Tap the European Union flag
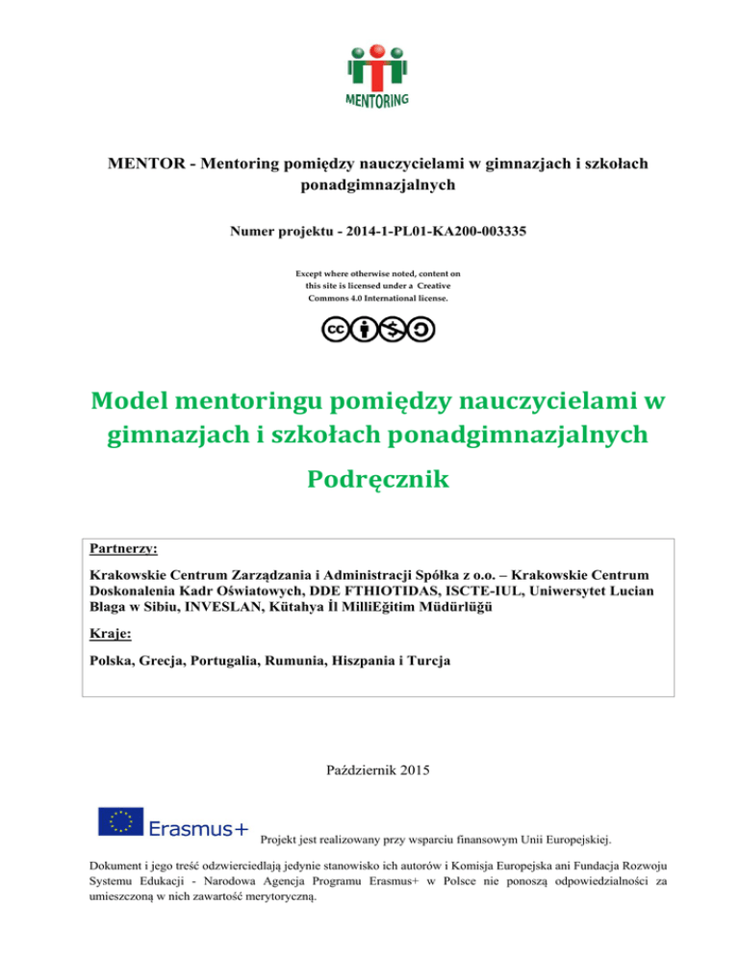pos(120,822)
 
